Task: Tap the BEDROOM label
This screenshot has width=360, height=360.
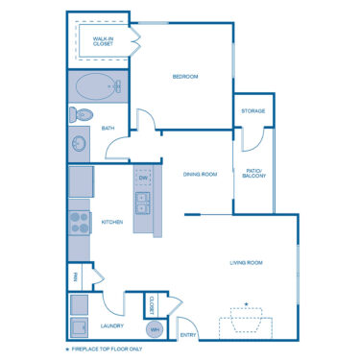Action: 184,77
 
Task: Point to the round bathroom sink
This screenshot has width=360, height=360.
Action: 80,146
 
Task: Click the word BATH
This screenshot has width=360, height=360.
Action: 108,128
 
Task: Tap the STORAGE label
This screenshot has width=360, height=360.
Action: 253,110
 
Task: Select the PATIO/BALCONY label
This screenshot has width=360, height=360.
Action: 253,174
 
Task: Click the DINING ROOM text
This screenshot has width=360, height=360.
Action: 200,174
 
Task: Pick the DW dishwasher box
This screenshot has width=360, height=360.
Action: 142,179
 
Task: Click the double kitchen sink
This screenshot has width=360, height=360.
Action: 142,203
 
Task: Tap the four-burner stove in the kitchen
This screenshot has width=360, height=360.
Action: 79,225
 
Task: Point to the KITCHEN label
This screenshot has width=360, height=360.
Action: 112,222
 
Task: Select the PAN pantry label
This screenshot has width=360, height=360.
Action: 74,278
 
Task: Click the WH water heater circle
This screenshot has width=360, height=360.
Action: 154,329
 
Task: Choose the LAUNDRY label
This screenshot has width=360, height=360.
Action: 111,325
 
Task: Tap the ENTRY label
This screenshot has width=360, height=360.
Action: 188,335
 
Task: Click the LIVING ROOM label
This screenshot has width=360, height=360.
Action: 246,262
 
